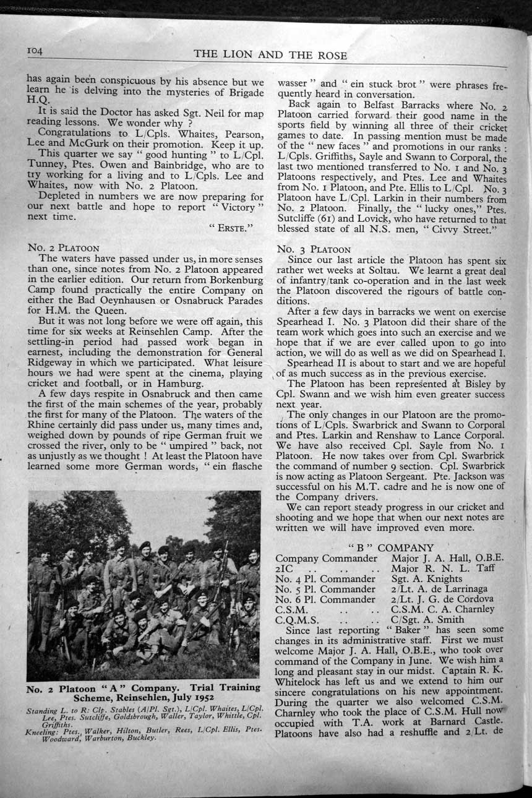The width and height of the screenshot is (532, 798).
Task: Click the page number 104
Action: click(x=36, y=52)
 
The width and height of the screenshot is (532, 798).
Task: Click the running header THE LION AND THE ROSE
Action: click(x=270, y=55)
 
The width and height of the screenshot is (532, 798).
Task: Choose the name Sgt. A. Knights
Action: click(x=426, y=578)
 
